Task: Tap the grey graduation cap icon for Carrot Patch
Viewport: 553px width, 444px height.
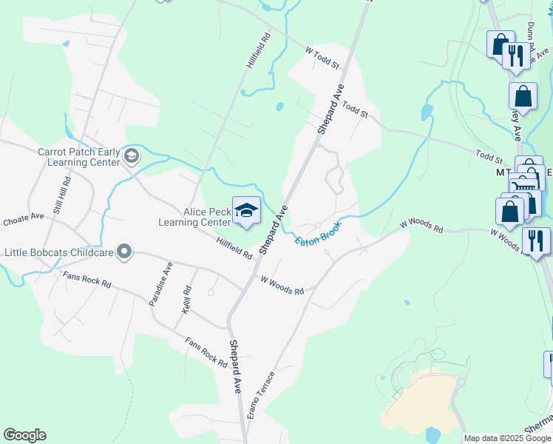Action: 132,155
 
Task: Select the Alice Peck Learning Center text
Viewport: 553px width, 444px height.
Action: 195,216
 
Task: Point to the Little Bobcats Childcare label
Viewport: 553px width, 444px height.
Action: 58,252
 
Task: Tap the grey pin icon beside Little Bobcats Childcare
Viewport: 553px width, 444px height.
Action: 124,253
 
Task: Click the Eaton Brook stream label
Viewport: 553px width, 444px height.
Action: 319,234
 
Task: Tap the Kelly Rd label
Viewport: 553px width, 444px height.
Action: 187,300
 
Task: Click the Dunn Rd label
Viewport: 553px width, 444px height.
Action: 531,33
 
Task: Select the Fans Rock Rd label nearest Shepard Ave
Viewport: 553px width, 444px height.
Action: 207,352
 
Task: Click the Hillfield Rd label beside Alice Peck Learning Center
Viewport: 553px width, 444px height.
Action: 234,247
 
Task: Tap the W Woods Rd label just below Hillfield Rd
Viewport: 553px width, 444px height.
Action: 282,285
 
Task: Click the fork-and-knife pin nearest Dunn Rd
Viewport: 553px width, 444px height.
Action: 515,55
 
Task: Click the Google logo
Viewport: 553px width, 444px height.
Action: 24,435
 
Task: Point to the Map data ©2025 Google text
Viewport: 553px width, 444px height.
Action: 508,438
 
